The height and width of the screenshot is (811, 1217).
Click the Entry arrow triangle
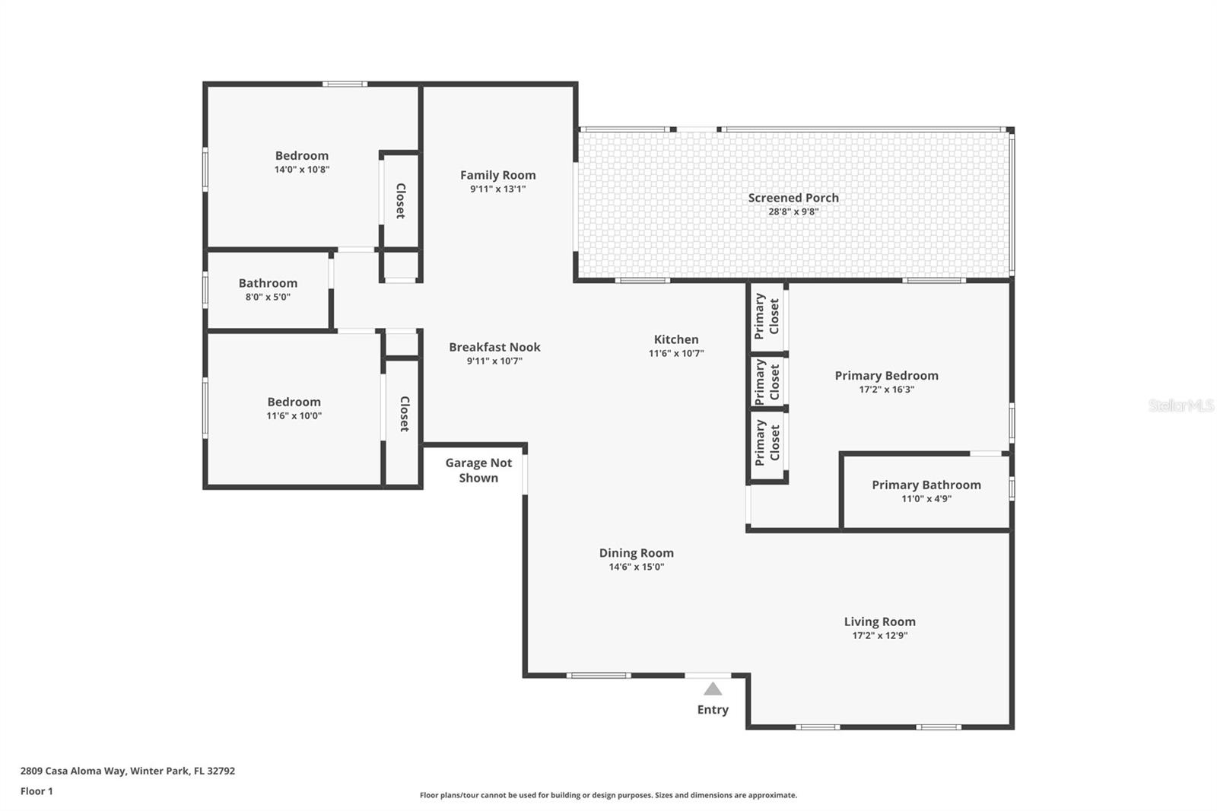point(713,689)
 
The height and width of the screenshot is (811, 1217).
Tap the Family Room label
point(497,175)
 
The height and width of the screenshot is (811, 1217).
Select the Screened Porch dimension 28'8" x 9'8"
point(793,212)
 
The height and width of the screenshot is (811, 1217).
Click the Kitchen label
point(675,339)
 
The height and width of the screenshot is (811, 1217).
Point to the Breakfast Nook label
point(494,347)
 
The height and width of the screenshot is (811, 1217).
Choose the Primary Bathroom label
point(926,485)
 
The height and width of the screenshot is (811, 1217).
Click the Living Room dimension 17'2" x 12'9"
point(879,636)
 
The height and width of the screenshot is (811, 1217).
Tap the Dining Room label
point(636,553)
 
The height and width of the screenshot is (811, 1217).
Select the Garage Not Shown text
point(478,470)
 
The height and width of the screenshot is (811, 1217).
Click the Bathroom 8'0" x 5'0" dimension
point(268,297)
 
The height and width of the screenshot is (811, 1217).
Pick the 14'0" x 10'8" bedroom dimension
point(302,170)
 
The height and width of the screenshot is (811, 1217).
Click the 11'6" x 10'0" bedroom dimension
point(294,416)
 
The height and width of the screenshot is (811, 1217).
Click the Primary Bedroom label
point(886,375)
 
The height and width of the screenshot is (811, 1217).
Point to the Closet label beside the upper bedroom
point(400,201)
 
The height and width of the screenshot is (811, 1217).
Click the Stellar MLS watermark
point(1180,405)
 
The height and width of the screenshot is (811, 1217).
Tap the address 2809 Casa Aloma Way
point(127,771)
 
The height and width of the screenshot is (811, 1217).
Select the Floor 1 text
point(37,791)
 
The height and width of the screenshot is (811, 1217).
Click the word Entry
point(713,710)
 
